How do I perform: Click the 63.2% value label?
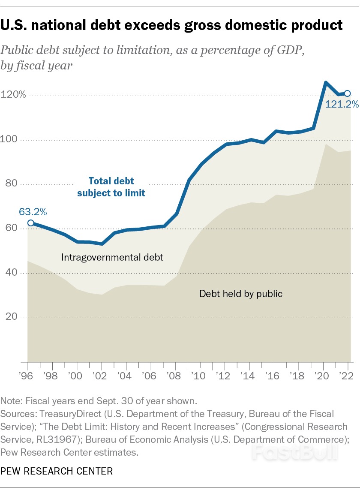pyautogui.click(x=33, y=211)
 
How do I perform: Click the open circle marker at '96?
pyautogui.click(x=30, y=223)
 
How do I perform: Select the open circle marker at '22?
pyautogui.click(x=348, y=93)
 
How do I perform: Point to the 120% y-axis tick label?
pyautogui.click(x=13, y=94)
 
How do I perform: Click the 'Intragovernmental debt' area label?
pyautogui.click(x=112, y=258)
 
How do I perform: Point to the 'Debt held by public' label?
pyautogui.click(x=241, y=294)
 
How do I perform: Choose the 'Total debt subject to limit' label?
pyautogui.click(x=111, y=187)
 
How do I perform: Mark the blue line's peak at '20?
pyautogui.click(x=326, y=82)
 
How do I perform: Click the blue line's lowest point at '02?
pyautogui.click(x=102, y=243)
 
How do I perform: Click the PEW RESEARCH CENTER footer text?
pyautogui.click(x=57, y=472)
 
